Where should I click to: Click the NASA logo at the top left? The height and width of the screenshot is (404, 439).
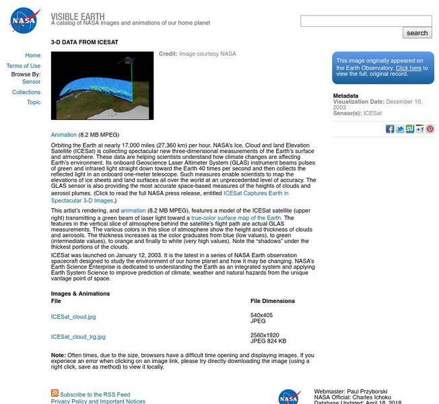coord(24,20)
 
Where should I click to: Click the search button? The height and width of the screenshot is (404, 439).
coord(417,33)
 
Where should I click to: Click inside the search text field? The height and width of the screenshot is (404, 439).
coord(366,21)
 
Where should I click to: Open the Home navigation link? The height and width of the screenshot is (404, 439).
coord(32,56)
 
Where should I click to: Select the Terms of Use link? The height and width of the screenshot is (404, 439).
coord(24,66)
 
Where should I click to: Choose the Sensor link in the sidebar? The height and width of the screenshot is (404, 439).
coord(31,82)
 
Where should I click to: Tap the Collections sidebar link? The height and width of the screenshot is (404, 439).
coord(26,92)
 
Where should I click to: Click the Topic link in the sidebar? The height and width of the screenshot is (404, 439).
coord(34,102)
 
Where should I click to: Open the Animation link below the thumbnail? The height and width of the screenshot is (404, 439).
coord(63,135)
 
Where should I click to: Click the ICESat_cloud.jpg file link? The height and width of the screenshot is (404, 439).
coord(73,316)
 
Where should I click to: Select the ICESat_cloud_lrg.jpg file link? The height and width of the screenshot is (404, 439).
coord(78,337)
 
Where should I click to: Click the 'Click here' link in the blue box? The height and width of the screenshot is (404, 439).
coord(408,68)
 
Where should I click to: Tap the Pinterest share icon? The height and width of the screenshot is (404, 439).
coord(430,129)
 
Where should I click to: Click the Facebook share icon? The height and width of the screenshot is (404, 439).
coord(390,129)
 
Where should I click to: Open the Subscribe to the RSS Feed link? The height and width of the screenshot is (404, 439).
coord(95,395)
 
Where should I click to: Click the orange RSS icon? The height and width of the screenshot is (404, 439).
coord(55,393)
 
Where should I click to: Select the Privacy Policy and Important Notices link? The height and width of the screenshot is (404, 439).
coord(98,401)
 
